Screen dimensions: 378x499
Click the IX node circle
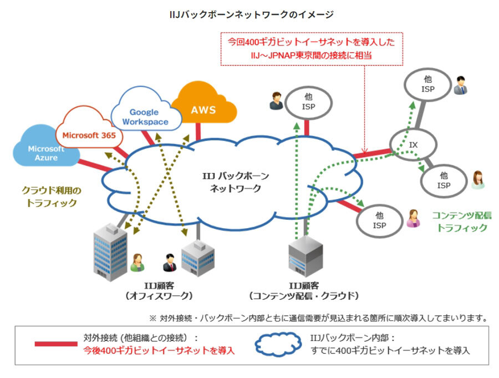[x=413, y=145]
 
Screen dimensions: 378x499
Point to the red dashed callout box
[x=311, y=48]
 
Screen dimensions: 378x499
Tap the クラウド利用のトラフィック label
[x=52, y=196]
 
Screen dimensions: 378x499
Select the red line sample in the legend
[x=56, y=344]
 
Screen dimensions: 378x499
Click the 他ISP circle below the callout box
[x=309, y=102]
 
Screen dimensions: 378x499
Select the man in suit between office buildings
[x=169, y=262]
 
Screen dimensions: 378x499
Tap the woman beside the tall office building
[x=137, y=264]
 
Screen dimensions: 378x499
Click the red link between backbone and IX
[x=372, y=153]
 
